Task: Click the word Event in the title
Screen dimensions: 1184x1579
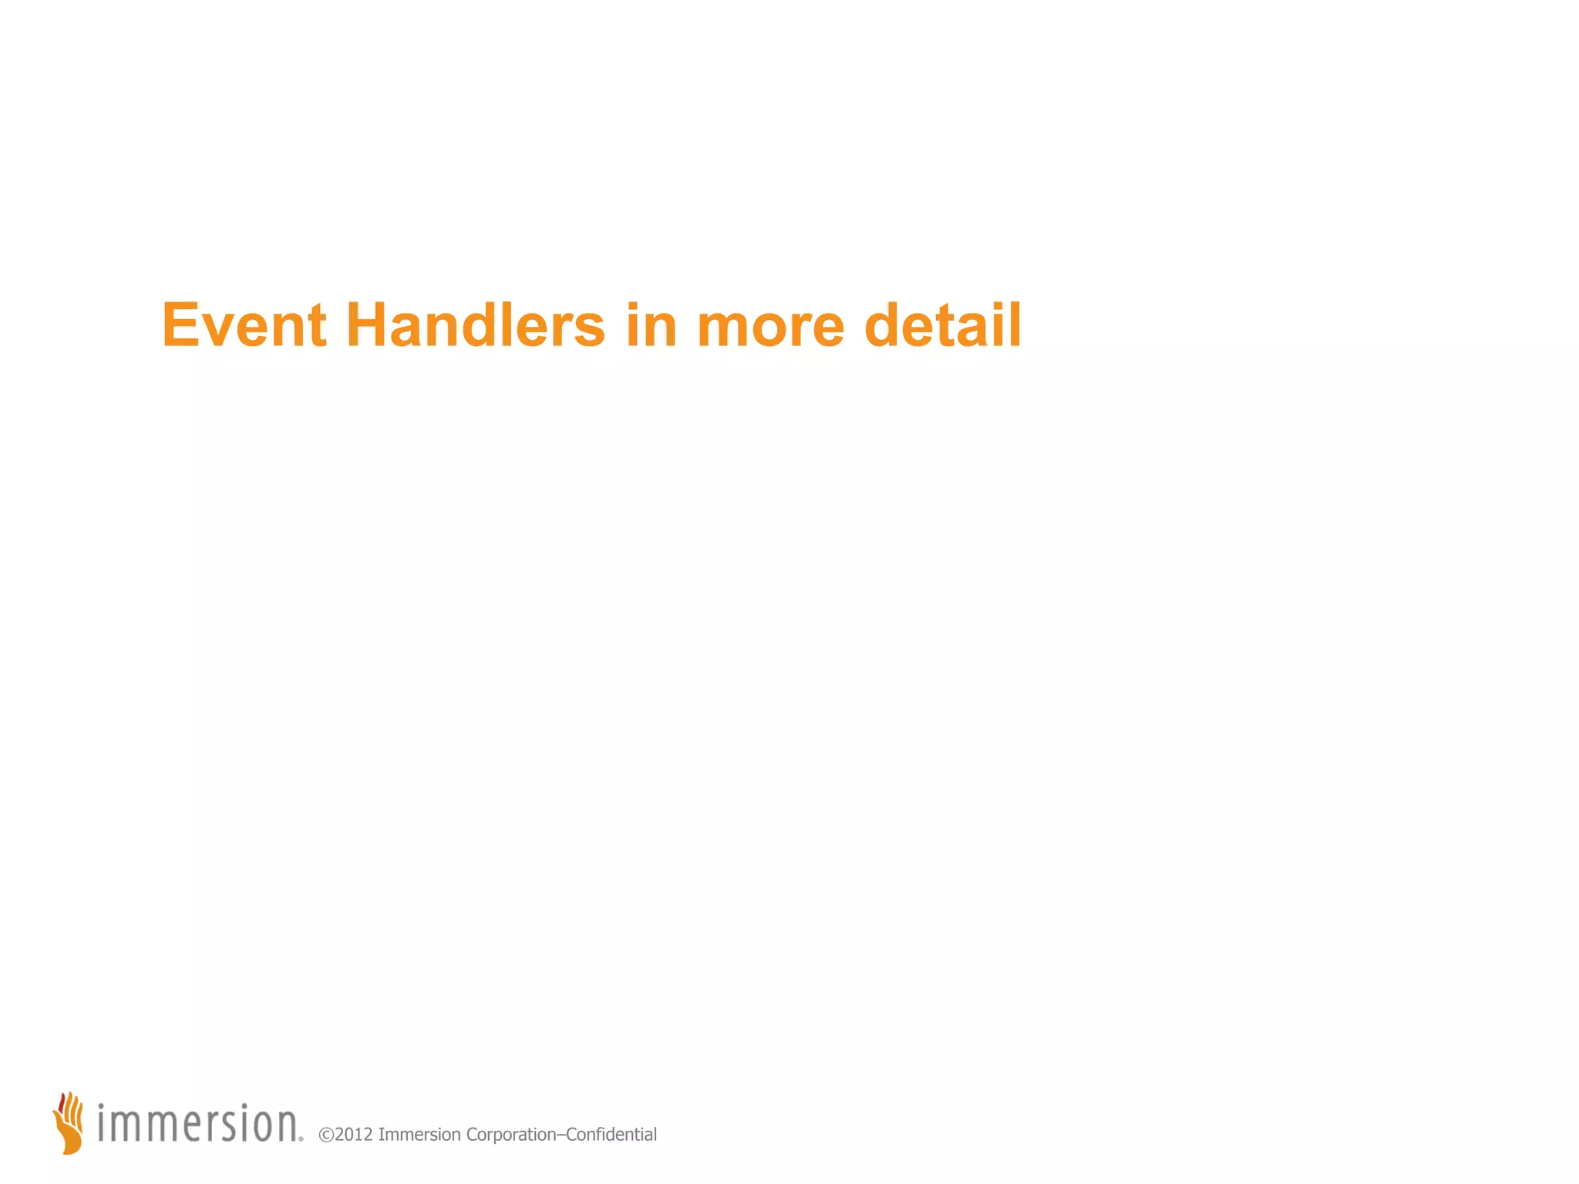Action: pos(244,325)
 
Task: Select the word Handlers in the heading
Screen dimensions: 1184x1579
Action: pos(475,325)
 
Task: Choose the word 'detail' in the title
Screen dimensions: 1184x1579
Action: pos(942,325)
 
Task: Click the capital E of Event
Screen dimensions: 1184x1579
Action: pos(181,325)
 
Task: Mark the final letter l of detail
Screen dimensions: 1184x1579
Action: pos(1015,325)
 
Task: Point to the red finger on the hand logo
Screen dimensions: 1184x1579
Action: pos(62,1103)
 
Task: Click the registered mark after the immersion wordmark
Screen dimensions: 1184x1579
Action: pos(301,1138)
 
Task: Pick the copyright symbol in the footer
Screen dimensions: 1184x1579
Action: pos(325,1135)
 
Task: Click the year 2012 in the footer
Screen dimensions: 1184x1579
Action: pos(354,1135)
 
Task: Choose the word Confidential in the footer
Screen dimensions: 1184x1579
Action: pos(611,1135)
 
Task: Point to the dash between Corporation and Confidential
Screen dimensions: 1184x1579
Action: pos(561,1135)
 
